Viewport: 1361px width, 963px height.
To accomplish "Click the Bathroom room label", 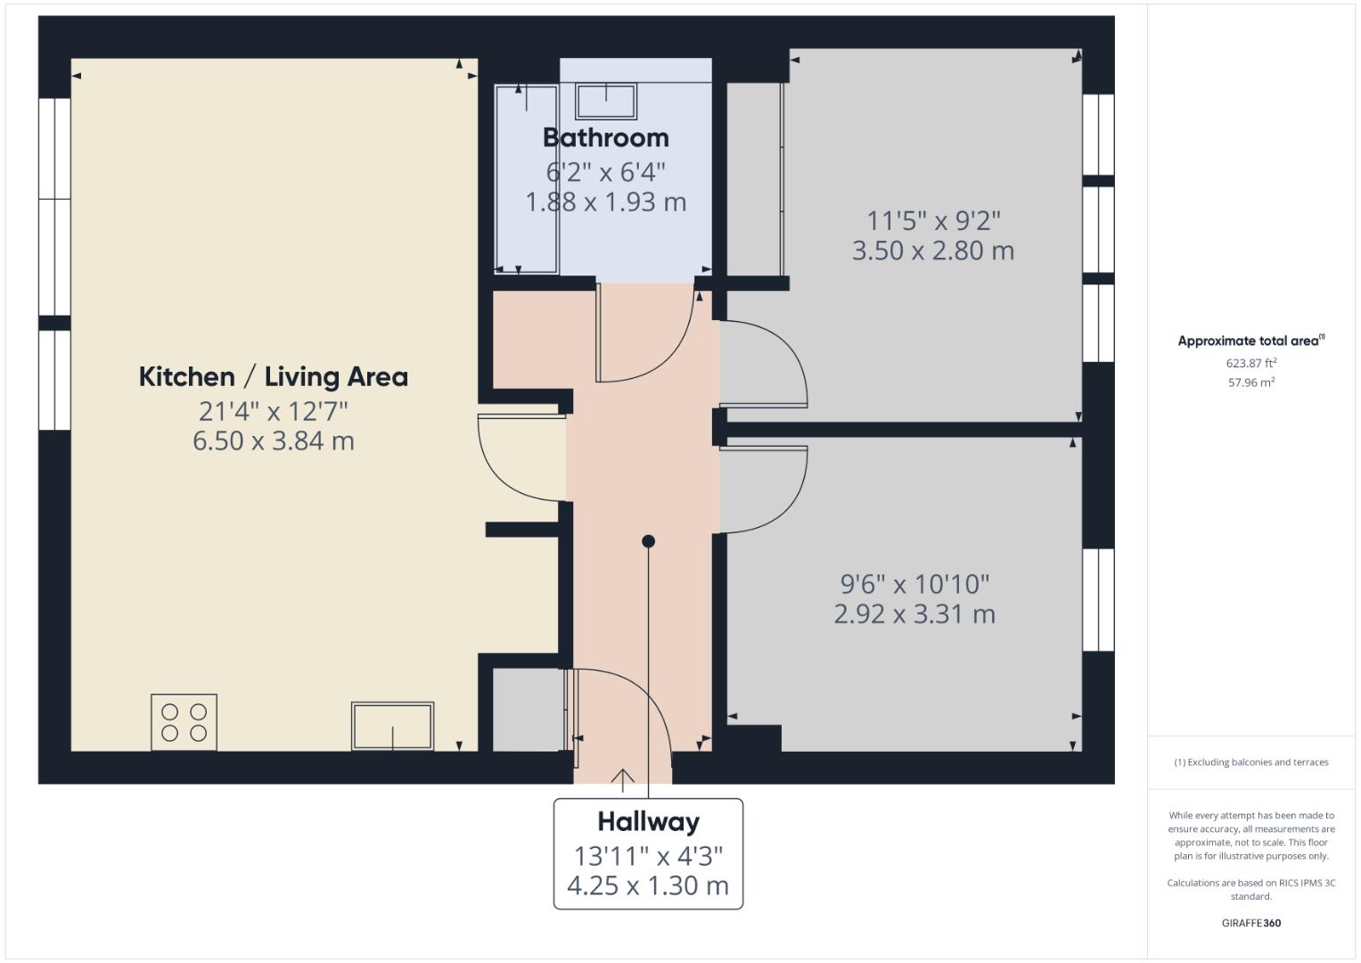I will click(x=605, y=137).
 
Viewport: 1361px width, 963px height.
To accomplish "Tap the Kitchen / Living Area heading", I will click(x=273, y=376).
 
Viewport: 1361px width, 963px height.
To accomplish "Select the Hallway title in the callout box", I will click(x=648, y=821).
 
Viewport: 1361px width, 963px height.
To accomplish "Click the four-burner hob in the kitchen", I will click(x=184, y=721).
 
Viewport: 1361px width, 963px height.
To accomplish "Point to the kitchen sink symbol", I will click(x=392, y=726).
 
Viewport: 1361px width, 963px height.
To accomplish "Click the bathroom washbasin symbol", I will click(x=606, y=101).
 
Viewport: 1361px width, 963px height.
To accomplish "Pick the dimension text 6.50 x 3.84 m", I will click(x=273, y=440).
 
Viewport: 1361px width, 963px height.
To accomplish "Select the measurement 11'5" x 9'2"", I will click(x=933, y=219).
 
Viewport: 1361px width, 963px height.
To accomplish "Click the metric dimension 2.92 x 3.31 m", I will click(x=914, y=613).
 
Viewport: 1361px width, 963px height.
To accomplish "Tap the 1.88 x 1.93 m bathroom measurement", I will click(x=605, y=202).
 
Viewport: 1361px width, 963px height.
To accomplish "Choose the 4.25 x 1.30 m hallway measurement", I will click(x=648, y=885).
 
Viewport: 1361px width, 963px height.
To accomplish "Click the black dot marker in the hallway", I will click(x=648, y=541).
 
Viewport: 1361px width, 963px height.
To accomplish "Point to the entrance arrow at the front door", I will click(x=622, y=780).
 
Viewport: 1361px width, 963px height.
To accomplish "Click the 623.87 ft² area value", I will click(x=1250, y=363).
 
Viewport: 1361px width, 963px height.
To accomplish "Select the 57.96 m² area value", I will click(x=1250, y=383).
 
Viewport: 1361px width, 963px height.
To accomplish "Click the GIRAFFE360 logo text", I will click(x=1250, y=923).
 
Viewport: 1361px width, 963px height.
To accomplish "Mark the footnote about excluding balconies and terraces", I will click(x=1250, y=762).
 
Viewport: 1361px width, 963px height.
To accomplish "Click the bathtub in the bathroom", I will click(x=527, y=178).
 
